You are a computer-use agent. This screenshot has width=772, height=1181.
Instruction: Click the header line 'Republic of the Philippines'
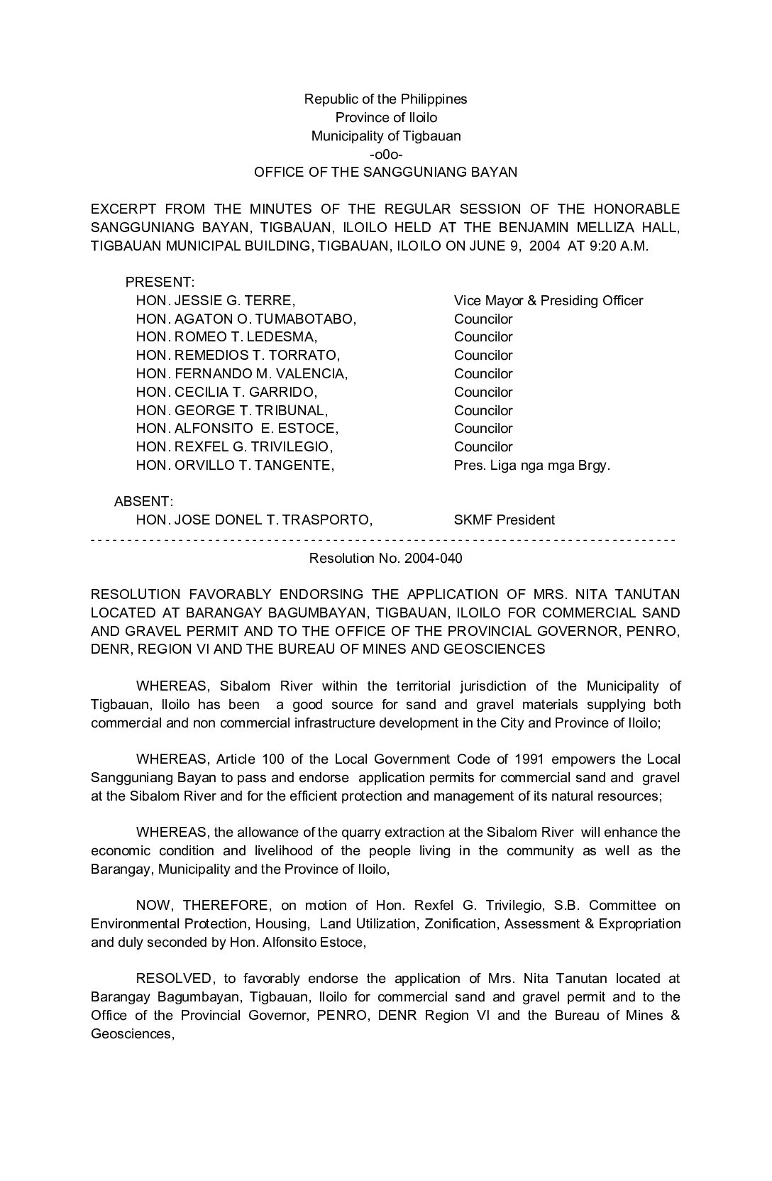385,99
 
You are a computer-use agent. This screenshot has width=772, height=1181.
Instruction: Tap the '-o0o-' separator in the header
386,154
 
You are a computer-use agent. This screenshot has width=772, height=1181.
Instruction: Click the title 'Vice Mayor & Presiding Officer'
548,300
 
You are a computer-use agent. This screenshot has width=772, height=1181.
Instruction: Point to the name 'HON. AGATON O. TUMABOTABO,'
246,319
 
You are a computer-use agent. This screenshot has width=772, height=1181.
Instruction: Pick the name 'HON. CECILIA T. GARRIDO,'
226,392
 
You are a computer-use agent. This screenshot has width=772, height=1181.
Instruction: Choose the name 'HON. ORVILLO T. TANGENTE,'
235,465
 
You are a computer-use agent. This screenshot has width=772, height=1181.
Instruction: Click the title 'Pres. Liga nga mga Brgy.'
532,465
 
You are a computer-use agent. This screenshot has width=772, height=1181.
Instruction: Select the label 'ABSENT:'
144,502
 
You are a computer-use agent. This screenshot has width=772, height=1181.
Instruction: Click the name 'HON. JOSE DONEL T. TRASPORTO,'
254,520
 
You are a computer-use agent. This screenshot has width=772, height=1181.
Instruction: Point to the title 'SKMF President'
504,520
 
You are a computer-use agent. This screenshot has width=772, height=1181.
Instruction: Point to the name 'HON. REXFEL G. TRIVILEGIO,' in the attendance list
234,446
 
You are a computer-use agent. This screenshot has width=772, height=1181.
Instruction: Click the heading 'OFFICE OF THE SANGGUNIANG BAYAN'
385,172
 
